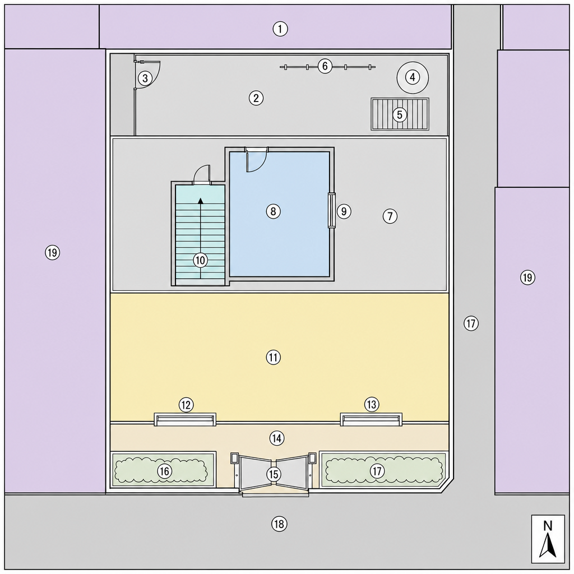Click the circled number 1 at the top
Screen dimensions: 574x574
[280, 29]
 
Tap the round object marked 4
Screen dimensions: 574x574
[413, 77]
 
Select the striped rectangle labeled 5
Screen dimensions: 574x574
[400, 114]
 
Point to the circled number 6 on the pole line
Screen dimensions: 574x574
[325, 66]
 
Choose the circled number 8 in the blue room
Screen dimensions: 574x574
[274, 211]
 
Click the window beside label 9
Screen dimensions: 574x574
[331, 211]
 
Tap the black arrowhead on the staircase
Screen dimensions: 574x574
[201, 201]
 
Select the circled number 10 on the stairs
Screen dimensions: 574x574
[200, 260]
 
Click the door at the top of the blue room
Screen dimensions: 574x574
[256, 160]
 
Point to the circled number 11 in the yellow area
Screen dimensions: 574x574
[274, 357]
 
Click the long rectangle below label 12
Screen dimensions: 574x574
[185, 419]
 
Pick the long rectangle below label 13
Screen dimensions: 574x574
[371, 419]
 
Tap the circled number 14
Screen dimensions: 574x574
[277, 438]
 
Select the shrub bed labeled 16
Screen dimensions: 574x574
[163, 470]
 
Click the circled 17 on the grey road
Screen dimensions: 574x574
[471, 323]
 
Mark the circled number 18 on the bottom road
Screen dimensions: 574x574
[279, 524]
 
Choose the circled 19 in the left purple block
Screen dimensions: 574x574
[52, 252]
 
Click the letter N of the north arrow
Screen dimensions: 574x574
[548, 526]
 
